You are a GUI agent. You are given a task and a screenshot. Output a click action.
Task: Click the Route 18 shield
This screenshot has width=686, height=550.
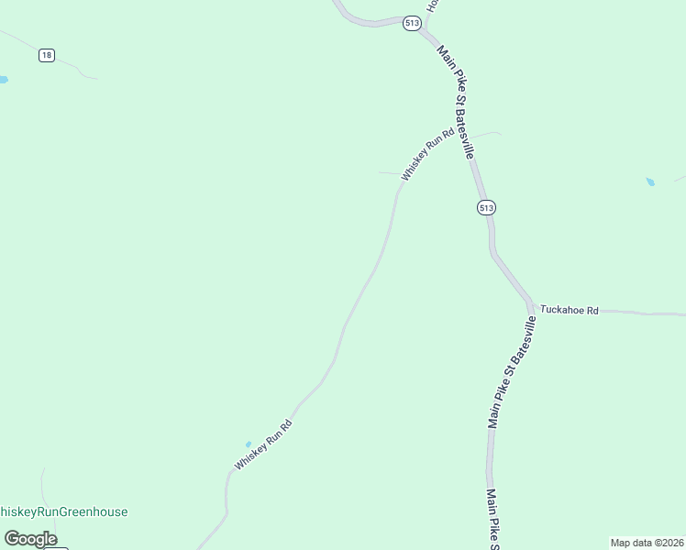click(x=47, y=56)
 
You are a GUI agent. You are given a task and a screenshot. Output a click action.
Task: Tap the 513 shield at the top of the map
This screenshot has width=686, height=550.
click(x=412, y=23)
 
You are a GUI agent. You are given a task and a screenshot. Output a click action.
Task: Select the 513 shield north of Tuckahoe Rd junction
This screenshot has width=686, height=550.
click(x=486, y=208)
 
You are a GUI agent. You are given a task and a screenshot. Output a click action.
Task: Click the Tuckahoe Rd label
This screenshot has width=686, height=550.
click(x=569, y=311)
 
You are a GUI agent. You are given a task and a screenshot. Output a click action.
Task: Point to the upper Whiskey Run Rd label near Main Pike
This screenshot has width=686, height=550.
click(x=427, y=154)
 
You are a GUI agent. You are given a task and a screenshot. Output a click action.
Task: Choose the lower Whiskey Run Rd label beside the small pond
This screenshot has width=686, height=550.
click(x=263, y=445)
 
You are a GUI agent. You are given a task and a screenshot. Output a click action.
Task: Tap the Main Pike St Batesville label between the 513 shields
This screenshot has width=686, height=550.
click(x=455, y=102)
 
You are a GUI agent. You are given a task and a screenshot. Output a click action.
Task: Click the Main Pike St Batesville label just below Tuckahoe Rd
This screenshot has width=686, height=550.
click(x=512, y=372)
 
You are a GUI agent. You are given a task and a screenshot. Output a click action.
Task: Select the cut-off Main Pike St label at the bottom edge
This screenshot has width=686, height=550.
click(x=492, y=520)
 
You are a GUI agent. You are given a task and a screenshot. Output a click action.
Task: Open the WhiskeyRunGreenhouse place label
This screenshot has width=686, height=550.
click(x=62, y=512)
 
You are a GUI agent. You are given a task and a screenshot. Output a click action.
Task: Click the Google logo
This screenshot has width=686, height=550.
click(x=30, y=539)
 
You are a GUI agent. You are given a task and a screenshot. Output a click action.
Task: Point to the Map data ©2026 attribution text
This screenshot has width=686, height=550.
click(x=647, y=543)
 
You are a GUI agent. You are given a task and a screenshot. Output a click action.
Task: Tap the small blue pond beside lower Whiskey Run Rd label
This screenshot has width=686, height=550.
click(x=248, y=445)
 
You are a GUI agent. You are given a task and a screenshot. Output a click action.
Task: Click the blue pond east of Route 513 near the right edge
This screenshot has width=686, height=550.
click(x=650, y=182)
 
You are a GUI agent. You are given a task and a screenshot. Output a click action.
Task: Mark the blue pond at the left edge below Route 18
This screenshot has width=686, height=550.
click(x=3, y=81)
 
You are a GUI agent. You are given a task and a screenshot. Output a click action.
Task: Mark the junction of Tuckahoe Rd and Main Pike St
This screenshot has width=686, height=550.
click(x=531, y=306)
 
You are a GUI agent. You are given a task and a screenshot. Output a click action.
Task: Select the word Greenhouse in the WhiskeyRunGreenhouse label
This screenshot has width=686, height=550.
click(x=94, y=512)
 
